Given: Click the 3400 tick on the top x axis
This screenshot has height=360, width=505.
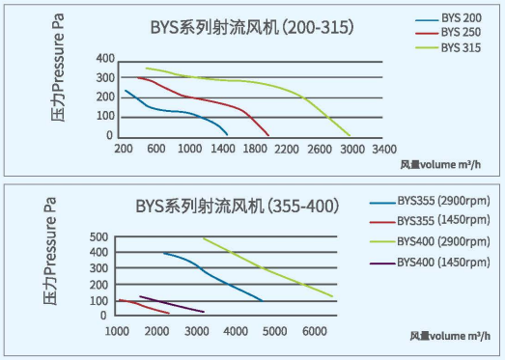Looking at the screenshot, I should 383,150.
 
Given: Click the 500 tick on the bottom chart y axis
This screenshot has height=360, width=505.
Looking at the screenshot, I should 98,237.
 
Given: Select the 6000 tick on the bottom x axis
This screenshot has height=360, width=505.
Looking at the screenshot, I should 313,332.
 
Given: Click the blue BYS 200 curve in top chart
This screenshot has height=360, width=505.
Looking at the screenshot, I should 174,111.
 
